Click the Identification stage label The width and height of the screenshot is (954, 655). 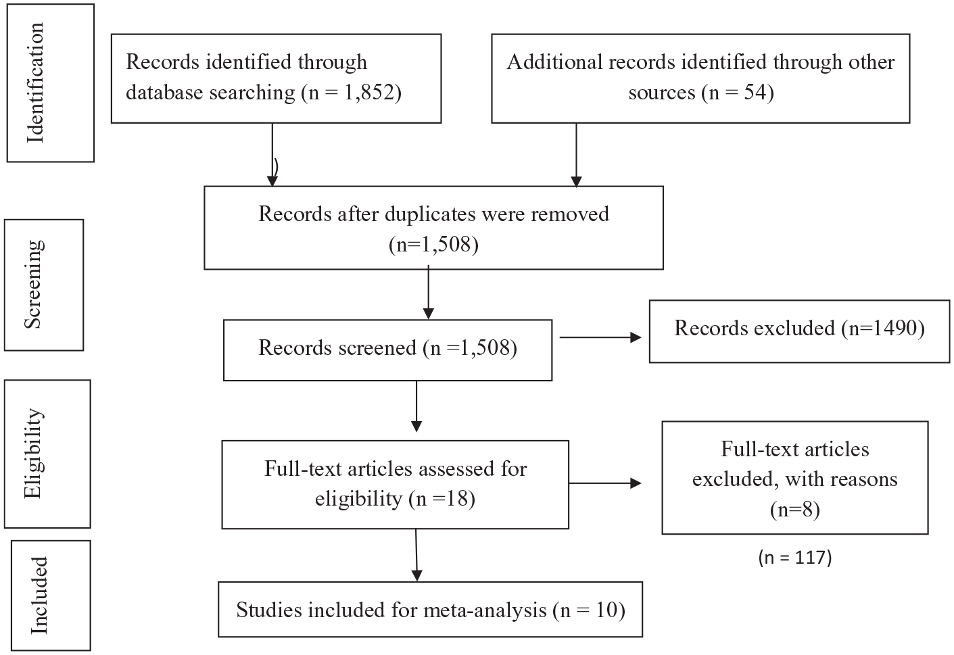tap(35, 82)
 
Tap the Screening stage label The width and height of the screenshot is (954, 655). tap(33, 285)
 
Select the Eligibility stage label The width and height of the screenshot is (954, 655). tap(33, 453)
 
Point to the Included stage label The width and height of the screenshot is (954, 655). tap(39, 595)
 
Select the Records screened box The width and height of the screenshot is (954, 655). tap(387, 350)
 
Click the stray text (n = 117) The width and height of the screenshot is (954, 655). tap(794, 557)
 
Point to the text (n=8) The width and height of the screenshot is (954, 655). tap(794, 510)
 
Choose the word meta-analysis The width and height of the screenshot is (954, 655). tap(485, 610)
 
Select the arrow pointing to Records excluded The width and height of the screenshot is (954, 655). tap(600, 338)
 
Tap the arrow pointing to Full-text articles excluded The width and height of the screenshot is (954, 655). tap(605, 483)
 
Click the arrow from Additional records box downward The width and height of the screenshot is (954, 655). tap(576, 155)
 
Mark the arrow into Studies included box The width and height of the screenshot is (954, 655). tap(416, 555)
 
